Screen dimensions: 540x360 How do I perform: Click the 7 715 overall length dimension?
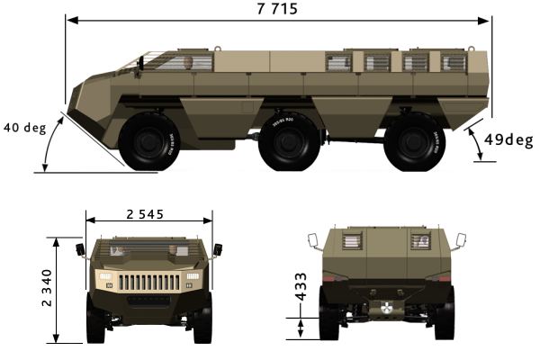point(277,9)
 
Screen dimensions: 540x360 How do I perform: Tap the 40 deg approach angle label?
point(25,128)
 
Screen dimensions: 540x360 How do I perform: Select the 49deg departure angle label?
point(508,139)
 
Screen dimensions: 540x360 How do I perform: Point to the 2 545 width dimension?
point(145,214)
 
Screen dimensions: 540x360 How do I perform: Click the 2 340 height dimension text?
point(47,288)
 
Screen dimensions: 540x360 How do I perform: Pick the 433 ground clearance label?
point(301,286)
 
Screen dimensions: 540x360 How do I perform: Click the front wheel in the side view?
point(149,141)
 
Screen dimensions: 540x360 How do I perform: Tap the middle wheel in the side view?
point(289,141)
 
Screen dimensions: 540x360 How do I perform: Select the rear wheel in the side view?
point(414,141)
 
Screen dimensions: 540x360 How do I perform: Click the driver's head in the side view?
point(188,63)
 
